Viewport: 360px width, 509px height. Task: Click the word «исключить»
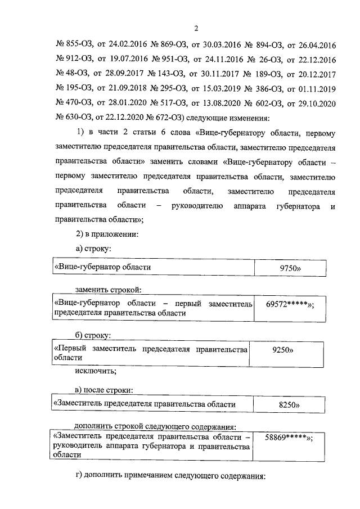click(x=97, y=371)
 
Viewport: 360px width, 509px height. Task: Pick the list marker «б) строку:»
click(x=93, y=336)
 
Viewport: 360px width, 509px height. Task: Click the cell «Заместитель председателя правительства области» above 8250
click(x=144, y=404)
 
